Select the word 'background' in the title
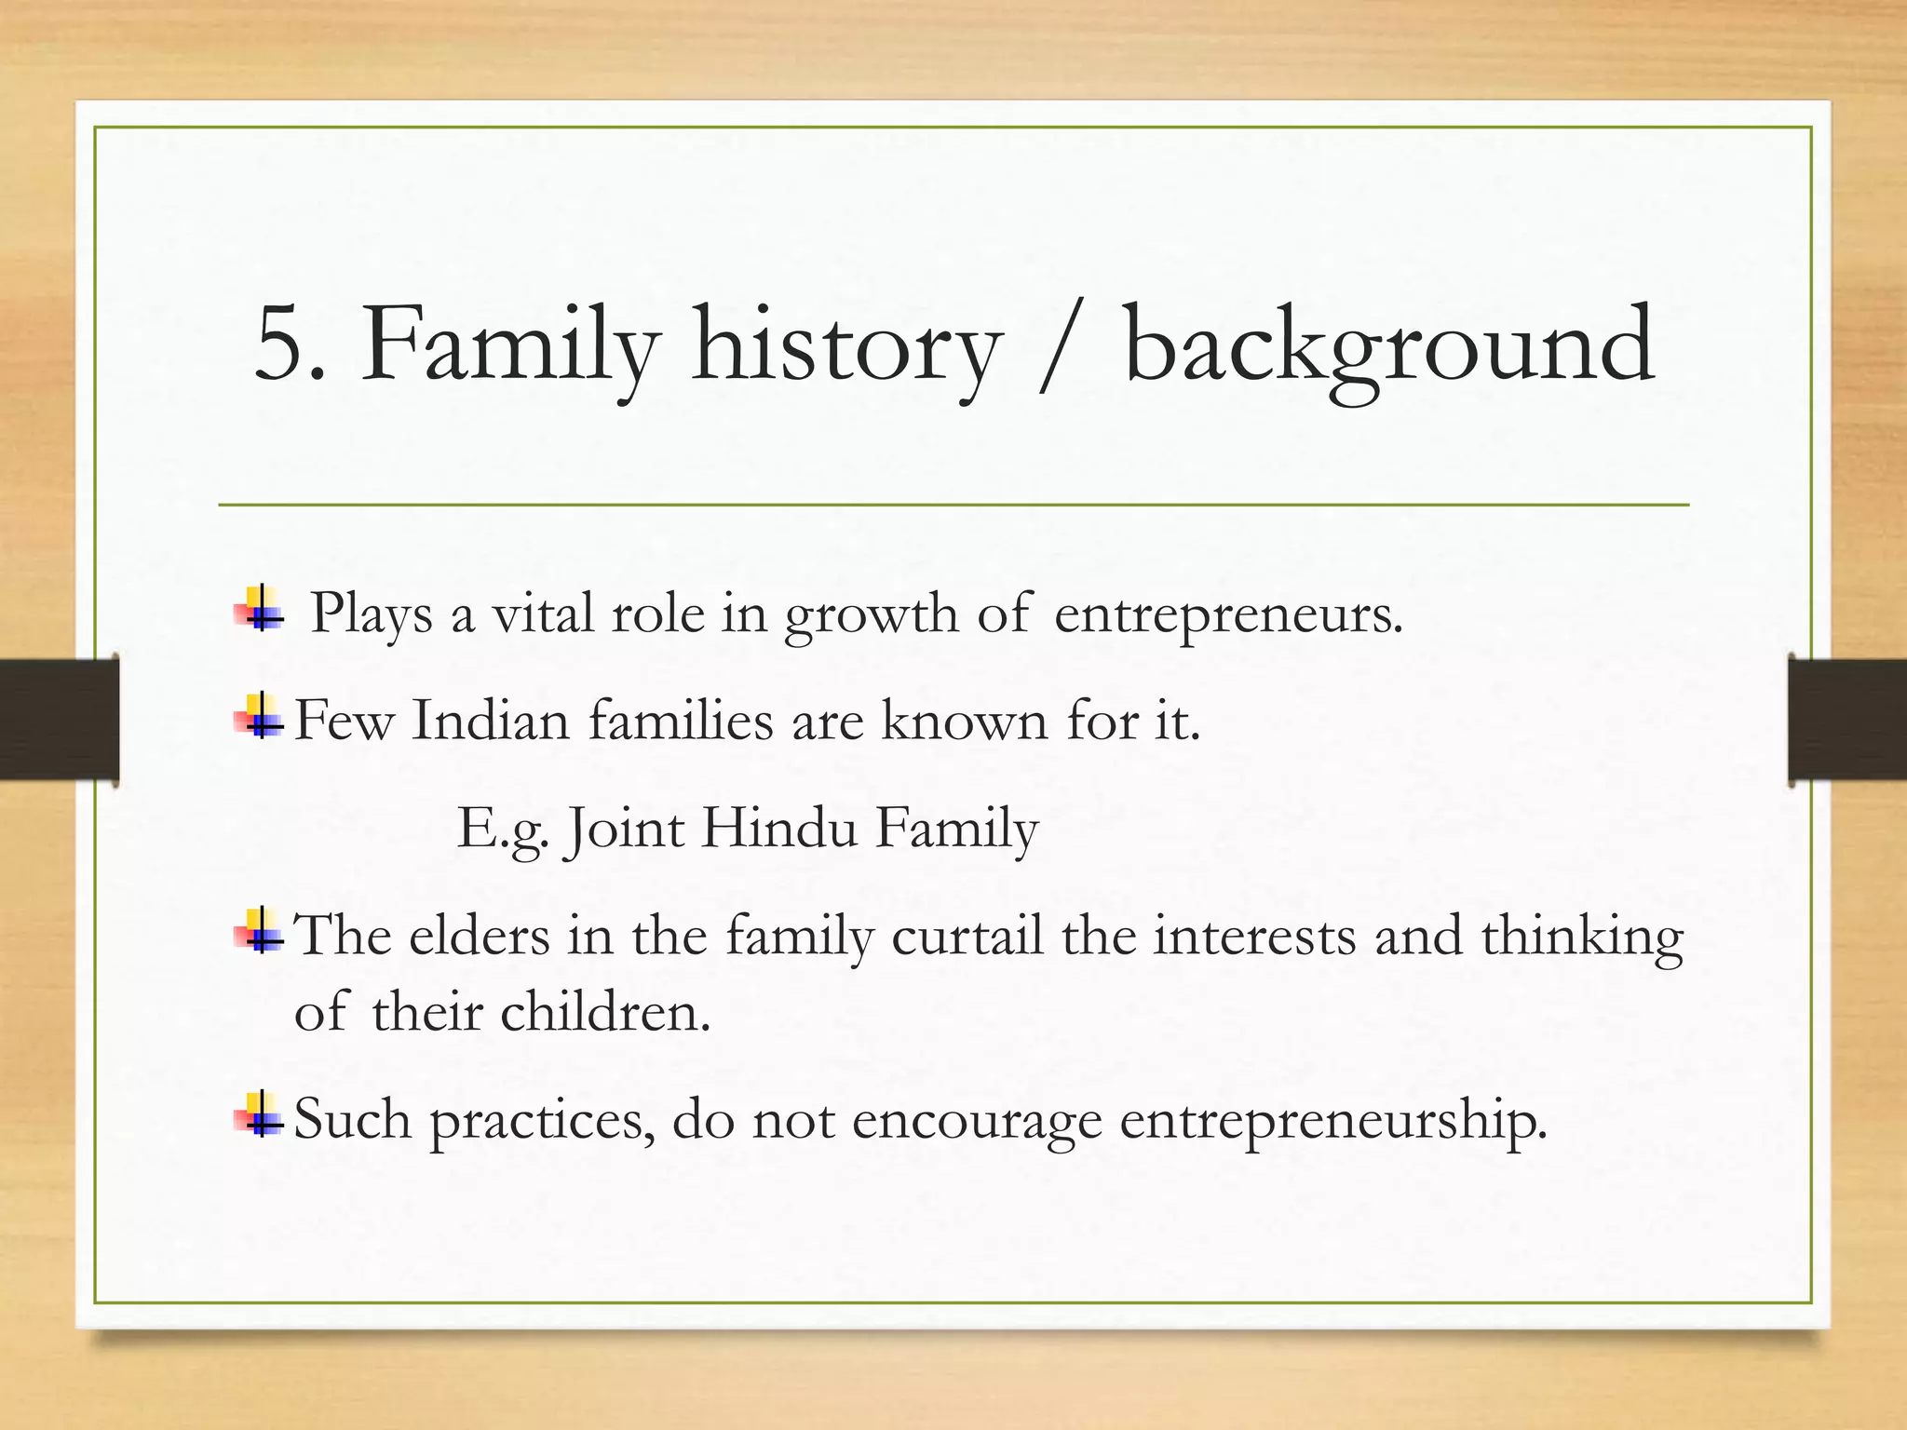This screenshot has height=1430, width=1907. click(x=1389, y=346)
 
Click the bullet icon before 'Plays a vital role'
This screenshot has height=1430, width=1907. click(x=261, y=610)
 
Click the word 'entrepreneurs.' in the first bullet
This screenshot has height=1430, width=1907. click(x=1228, y=617)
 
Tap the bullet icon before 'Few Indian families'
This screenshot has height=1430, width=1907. click(x=261, y=718)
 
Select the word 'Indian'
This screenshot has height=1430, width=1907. click(x=490, y=722)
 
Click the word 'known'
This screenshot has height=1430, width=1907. click(x=964, y=722)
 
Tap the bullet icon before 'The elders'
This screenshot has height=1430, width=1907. click(x=261, y=931)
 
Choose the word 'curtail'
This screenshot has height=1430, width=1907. click(x=967, y=936)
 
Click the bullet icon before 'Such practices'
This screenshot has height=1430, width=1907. click(x=261, y=1115)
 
